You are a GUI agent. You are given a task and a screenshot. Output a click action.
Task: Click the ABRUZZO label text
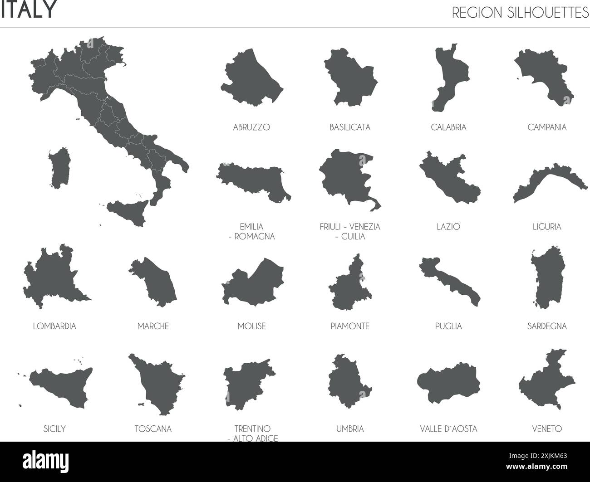[x=251, y=127]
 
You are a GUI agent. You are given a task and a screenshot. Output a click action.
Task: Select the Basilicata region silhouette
[x=349, y=79]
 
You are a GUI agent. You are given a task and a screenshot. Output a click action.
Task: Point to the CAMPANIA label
[x=547, y=127]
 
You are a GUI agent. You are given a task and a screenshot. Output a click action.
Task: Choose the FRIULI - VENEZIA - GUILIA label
[x=350, y=231]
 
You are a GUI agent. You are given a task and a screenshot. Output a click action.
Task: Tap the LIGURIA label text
[x=547, y=227]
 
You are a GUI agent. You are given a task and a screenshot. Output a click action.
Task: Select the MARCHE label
[x=153, y=326]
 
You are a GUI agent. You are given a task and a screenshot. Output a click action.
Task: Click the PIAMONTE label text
[x=350, y=326]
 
